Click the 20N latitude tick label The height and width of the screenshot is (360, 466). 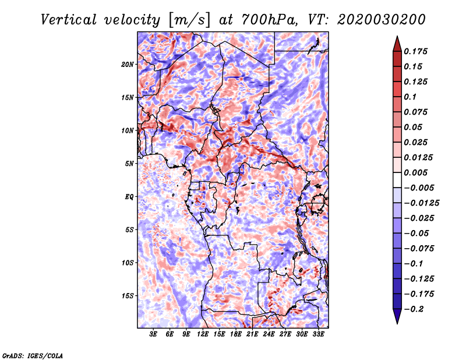[128, 65]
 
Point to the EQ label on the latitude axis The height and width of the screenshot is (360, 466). [129, 197]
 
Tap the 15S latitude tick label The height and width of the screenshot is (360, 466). [128, 296]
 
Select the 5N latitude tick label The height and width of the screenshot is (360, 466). [129, 164]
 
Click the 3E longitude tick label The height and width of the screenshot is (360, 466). [153, 334]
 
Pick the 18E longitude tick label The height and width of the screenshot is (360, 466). [236, 334]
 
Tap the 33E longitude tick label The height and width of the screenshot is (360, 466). [318, 334]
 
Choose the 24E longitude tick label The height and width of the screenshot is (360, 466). [269, 334]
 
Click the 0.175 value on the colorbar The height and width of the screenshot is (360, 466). [415, 51]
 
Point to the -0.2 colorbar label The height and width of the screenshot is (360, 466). [414, 309]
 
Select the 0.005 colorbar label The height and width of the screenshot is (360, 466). [415, 172]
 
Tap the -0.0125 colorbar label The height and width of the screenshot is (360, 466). [421, 203]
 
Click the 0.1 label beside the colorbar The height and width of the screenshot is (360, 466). [410, 97]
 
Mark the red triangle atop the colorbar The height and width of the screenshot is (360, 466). [397, 44]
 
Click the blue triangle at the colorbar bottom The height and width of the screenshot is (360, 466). [397, 316]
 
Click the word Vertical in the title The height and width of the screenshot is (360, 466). [69, 20]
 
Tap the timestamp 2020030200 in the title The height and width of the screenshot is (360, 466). [382, 20]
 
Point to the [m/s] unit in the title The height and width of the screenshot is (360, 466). [189, 20]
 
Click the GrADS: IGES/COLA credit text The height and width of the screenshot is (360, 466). [33, 356]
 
